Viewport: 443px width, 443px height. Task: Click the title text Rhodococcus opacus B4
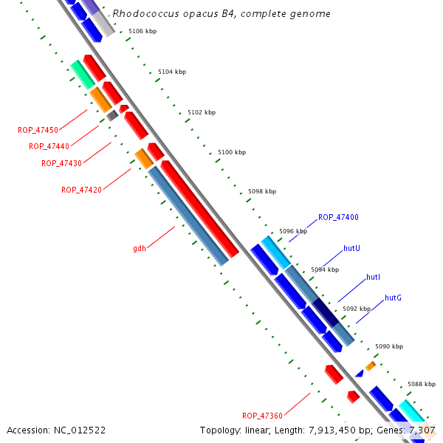221,14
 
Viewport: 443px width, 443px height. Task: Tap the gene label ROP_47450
38,130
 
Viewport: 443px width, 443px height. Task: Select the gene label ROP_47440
49,146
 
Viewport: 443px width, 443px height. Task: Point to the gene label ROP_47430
61,163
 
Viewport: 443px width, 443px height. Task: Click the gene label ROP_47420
81,190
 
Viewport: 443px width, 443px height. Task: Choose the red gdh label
140,248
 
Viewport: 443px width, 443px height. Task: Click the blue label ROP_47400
338,217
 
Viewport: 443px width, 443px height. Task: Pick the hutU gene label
351,248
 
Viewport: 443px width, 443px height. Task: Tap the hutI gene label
373,277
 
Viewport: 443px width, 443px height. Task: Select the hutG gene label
393,298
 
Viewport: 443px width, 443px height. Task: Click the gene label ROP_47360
262,416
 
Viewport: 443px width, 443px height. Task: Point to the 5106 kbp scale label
142,32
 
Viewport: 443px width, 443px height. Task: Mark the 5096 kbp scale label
293,231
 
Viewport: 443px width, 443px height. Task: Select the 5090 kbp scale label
389,346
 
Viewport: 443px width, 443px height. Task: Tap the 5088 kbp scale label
422,384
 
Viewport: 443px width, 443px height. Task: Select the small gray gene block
112,115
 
